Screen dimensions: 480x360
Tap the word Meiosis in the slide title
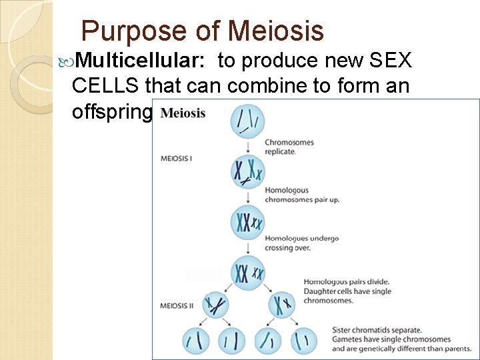(275, 31)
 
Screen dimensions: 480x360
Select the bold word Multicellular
(139, 61)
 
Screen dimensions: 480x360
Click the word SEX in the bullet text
(387, 61)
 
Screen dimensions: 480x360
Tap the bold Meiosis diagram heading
(183, 113)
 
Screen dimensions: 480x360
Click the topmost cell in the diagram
(247, 122)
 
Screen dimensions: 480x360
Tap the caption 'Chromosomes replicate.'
(289, 147)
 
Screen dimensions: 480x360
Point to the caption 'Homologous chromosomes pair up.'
(301, 195)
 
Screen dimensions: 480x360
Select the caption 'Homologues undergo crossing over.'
(301, 243)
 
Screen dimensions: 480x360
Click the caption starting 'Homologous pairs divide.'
(347, 291)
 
